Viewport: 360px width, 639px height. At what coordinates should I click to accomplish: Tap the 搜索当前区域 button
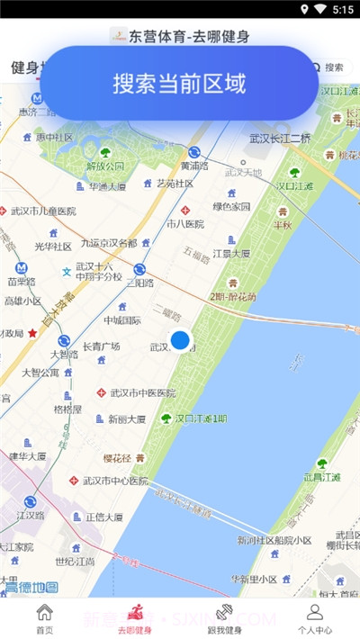click(x=179, y=83)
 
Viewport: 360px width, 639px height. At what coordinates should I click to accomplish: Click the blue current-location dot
click(x=181, y=340)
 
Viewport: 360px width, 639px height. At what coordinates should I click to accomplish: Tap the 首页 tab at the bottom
click(x=44, y=618)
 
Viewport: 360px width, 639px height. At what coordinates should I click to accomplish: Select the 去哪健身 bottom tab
click(x=134, y=618)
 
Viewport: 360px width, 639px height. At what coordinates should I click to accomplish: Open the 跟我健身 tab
click(x=224, y=618)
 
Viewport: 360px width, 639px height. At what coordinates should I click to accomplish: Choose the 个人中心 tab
click(x=314, y=618)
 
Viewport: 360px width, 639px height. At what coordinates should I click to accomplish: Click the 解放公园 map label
click(x=105, y=166)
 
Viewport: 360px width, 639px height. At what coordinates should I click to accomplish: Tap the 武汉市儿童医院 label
click(x=44, y=211)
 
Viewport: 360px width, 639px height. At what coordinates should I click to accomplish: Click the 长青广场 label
click(x=102, y=346)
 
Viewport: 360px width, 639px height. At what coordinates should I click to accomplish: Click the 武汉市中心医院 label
click(x=114, y=481)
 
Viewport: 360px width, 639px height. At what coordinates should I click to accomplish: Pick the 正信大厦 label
click(x=103, y=517)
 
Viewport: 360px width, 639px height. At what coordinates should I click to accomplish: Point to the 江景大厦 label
click(x=231, y=253)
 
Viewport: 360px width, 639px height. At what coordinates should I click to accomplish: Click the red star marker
click(x=33, y=332)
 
